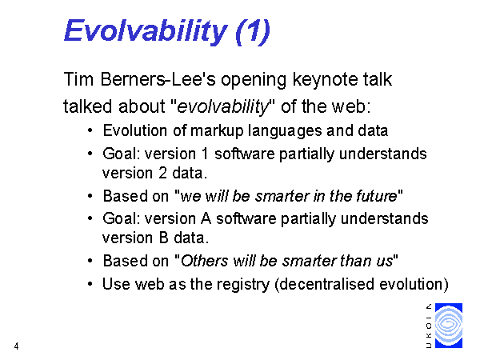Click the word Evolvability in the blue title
click(x=146, y=31)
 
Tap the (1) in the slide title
click(x=253, y=31)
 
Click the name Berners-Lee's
click(x=158, y=79)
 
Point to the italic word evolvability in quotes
click(x=222, y=107)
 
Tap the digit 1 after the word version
click(x=205, y=154)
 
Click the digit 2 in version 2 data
click(x=163, y=174)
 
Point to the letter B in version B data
click(x=164, y=238)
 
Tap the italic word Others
click(x=204, y=261)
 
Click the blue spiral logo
click(x=449, y=326)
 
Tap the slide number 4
click(x=16, y=346)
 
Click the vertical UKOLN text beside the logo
click(x=429, y=326)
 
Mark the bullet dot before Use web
click(x=90, y=284)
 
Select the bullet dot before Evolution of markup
click(x=90, y=130)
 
